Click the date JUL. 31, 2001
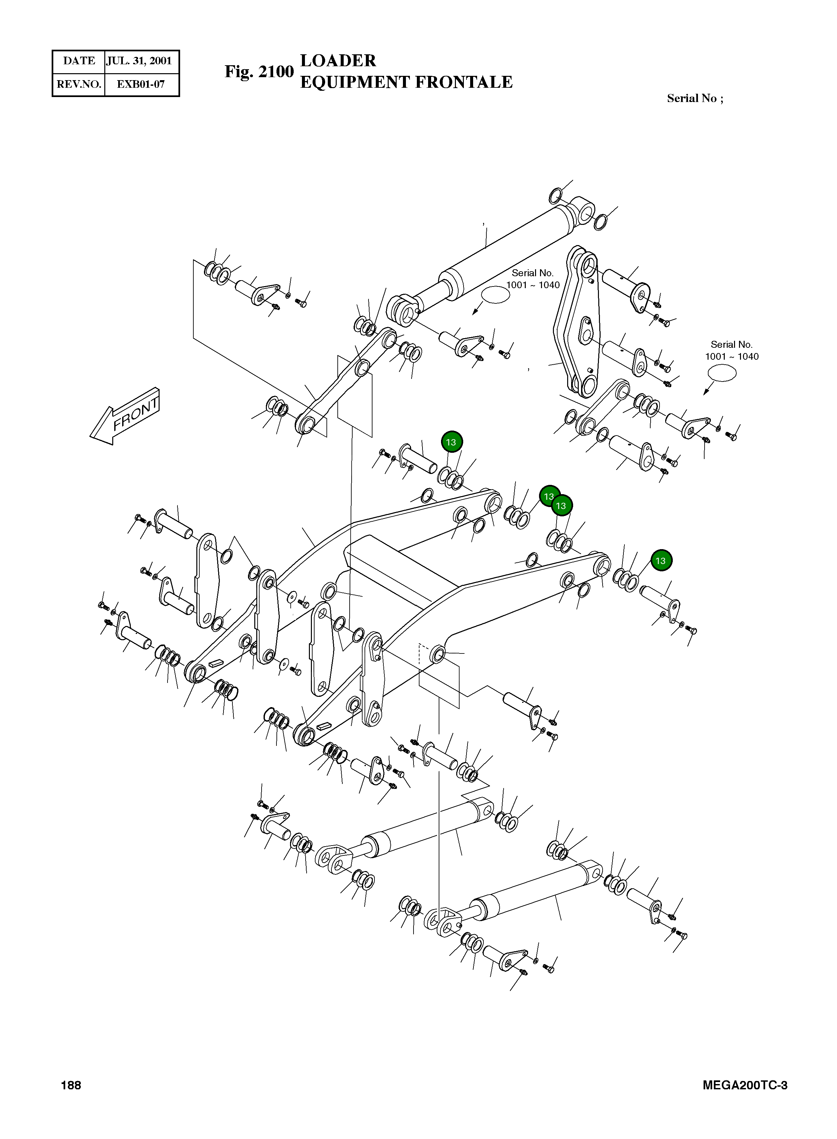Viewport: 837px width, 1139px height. point(139,61)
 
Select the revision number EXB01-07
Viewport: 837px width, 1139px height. point(140,84)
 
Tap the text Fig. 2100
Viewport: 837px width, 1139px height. point(259,72)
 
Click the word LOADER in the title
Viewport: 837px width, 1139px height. point(338,60)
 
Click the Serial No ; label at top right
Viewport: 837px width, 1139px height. point(695,98)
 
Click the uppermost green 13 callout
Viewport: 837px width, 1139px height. point(451,442)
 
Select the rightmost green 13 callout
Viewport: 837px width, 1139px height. point(660,560)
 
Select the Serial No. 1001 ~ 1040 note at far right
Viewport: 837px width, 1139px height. point(732,351)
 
